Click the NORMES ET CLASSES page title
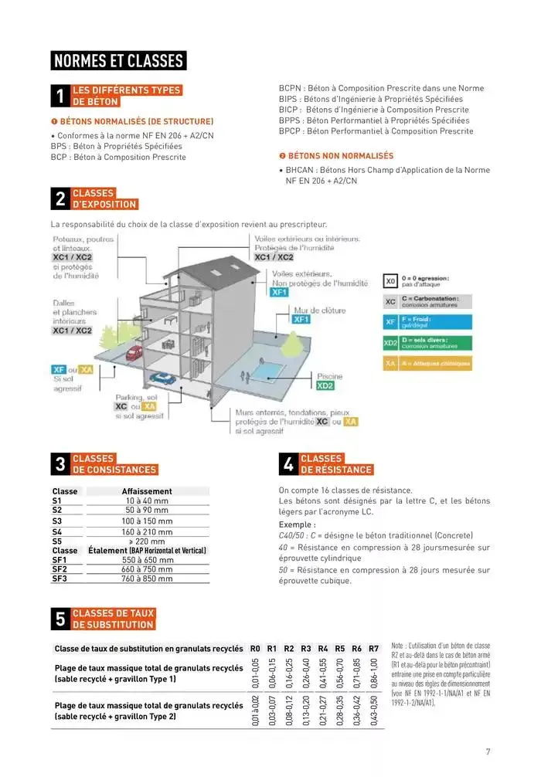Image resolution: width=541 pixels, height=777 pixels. tap(118, 61)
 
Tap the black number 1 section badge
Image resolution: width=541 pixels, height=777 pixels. tap(60, 96)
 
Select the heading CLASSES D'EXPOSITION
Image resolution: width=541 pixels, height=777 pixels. tap(104, 199)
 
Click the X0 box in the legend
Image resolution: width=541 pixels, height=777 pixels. tap(390, 280)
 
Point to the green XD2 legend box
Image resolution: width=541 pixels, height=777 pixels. tap(390, 342)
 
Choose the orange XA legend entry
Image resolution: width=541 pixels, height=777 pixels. tap(390, 363)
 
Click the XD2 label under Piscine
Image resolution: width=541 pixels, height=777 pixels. tap(325, 385)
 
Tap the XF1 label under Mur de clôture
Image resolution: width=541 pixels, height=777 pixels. tap(301, 319)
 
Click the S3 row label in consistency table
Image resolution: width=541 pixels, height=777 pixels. tap(57, 521)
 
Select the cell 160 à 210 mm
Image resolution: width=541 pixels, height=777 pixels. tap(147, 532)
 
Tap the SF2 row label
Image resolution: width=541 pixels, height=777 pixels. tap(60, 569)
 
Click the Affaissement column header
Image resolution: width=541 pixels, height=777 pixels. tap(147, 491)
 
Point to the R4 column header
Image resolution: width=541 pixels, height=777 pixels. tap(323, 648)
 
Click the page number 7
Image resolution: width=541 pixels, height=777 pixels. tap(488, 752)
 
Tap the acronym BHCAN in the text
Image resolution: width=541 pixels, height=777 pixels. tap(298, 170)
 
